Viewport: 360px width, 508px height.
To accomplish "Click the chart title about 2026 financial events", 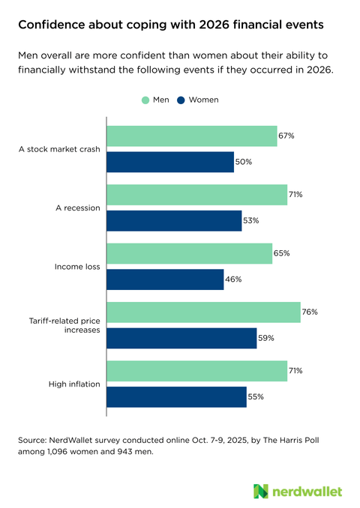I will click(x=171, y=25).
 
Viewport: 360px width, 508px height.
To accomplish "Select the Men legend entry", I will click(x=156, y=100).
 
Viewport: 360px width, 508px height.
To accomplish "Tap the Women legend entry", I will click(x=199, y=100).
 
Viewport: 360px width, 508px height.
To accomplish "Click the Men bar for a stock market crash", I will click(x=192, y=136).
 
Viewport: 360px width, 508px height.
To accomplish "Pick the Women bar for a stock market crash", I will click(x=170, y=162).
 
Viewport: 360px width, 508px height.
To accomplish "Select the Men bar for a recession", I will click(x=197, y=194).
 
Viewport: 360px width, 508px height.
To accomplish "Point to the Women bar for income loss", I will click(x=165, y=279).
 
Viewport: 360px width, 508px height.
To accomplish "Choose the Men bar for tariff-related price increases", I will click(x=204, y=312).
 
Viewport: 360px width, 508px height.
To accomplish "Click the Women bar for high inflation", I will click(x=176, y=396).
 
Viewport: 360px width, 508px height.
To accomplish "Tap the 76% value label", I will click(x=310, y=312).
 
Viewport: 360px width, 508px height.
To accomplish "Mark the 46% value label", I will click(x=234, y=279).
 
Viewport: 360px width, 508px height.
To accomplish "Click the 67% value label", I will click(x=286, y=136).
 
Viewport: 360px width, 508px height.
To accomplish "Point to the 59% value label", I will click(x=266, y=338).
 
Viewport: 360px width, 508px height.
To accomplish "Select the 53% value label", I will click(x=251, y=220).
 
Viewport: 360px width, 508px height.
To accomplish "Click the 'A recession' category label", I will click(x=77, y=208).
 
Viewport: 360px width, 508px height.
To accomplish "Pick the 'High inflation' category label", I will click(x=75, y=384).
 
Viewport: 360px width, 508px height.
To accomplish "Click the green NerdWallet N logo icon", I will click(x=260, y=491).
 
